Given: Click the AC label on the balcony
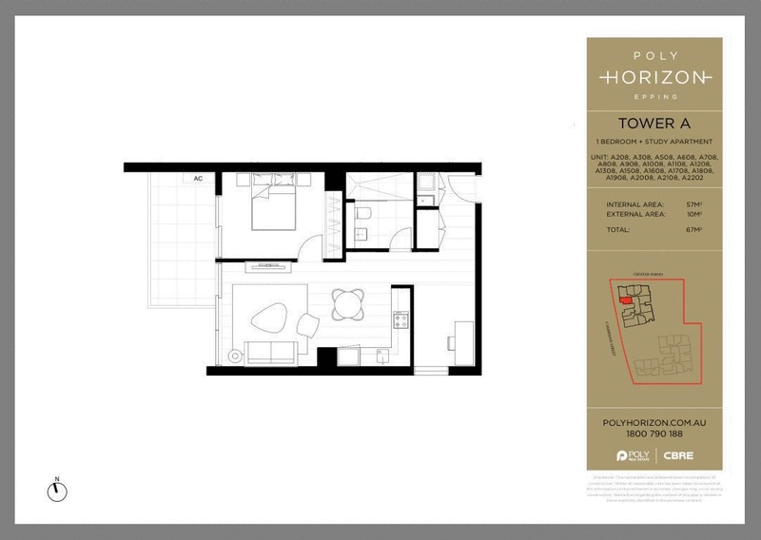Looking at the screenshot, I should [x=199, y=178].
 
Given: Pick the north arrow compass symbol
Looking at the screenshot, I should [x=57, y=490].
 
